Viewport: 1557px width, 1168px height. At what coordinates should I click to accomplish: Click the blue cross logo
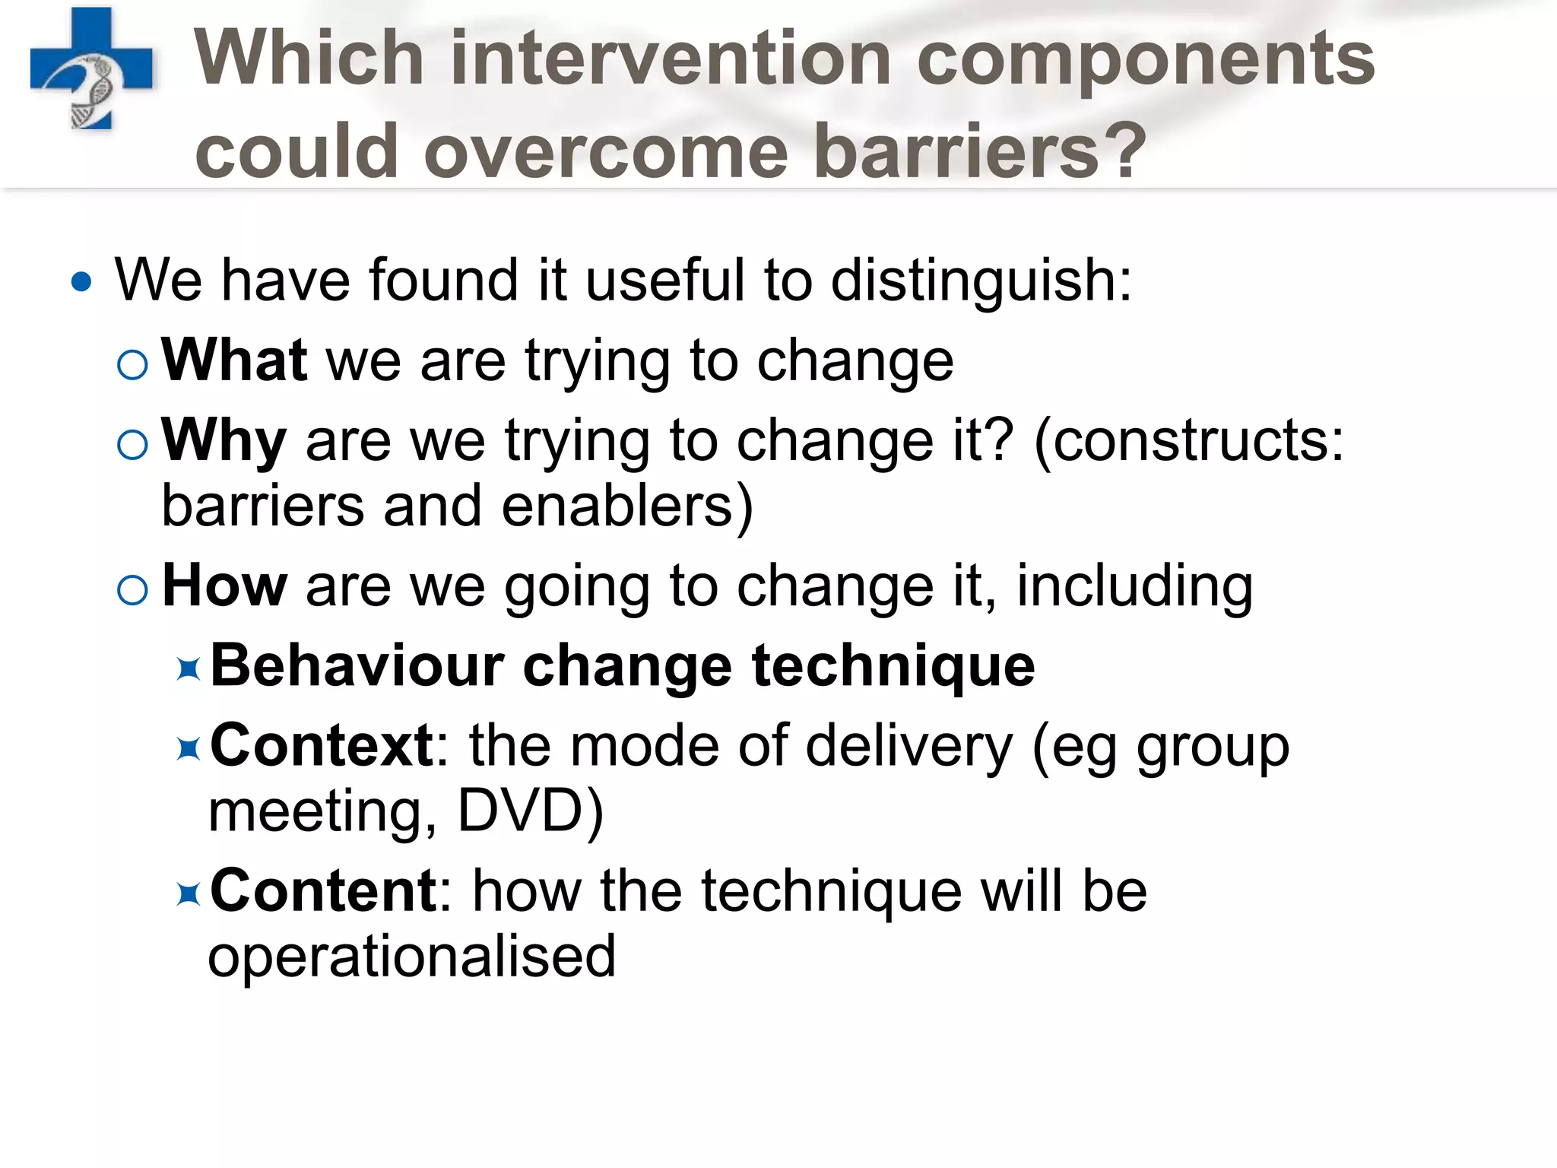click(91, 68)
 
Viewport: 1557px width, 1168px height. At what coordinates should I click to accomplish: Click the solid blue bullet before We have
click(81, 283)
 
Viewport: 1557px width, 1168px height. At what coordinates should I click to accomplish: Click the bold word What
click(234, 360)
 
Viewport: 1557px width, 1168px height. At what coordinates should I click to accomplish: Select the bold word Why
click(224, 441)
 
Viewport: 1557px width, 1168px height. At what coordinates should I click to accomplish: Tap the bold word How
click(224, 586)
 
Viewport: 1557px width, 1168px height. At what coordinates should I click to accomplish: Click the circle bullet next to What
click(133, 365)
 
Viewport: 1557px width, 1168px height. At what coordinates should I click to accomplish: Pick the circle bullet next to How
click(133, 590)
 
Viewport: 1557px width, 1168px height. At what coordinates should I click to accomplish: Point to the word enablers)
click(627, 506)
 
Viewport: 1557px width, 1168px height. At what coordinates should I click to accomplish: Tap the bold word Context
click(321, 745)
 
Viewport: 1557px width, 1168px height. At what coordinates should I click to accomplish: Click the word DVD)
click(530, 811)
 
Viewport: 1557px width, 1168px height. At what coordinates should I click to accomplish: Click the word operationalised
click(411, 957)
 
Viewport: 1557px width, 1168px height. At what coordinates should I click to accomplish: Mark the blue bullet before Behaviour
click(188, 670)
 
